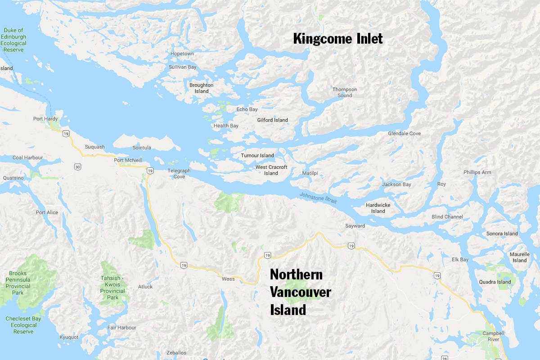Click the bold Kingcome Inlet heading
coord(338,39)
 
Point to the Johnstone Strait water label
coord(318,198)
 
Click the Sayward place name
coord(355,225)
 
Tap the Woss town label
coord(228,279)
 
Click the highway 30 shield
coord(78,167)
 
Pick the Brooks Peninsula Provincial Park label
coord(18,283)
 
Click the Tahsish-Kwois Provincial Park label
coord(112,288)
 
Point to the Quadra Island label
coord(497,282)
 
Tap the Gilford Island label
coord(273,120)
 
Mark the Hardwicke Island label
coord(378,208)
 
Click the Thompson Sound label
coord(345,92)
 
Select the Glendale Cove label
coord(405,134)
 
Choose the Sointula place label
coord(142,148)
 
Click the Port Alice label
coord(47,212)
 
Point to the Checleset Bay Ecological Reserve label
coord(23,325)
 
